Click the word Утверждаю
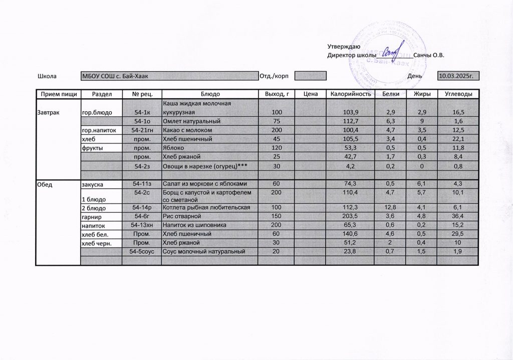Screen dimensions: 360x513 [x=340, y=46]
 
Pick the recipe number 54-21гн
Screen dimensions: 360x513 [x=142, y=130]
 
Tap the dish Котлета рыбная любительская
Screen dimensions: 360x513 [x=203, y=207]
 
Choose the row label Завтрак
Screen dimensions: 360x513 [x=48, y=112]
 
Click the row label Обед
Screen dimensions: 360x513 [x=45, y=185]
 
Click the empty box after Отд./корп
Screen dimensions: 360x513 [x=310, y=76]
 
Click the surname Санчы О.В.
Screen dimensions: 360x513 [x=428, y=55]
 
